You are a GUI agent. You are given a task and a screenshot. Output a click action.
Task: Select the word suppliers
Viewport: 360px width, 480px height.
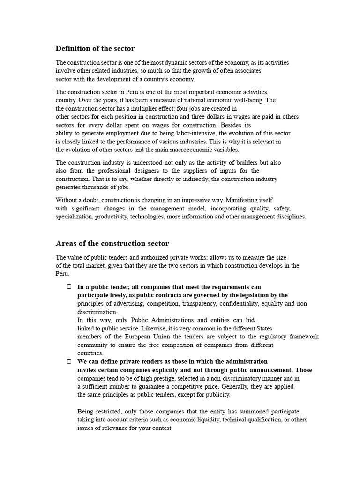click(201, 171)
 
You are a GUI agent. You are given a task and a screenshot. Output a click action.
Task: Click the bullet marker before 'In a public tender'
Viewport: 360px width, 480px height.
click(69, 286)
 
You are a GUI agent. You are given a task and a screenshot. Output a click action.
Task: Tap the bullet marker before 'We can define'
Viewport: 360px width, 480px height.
click(69, 361)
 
